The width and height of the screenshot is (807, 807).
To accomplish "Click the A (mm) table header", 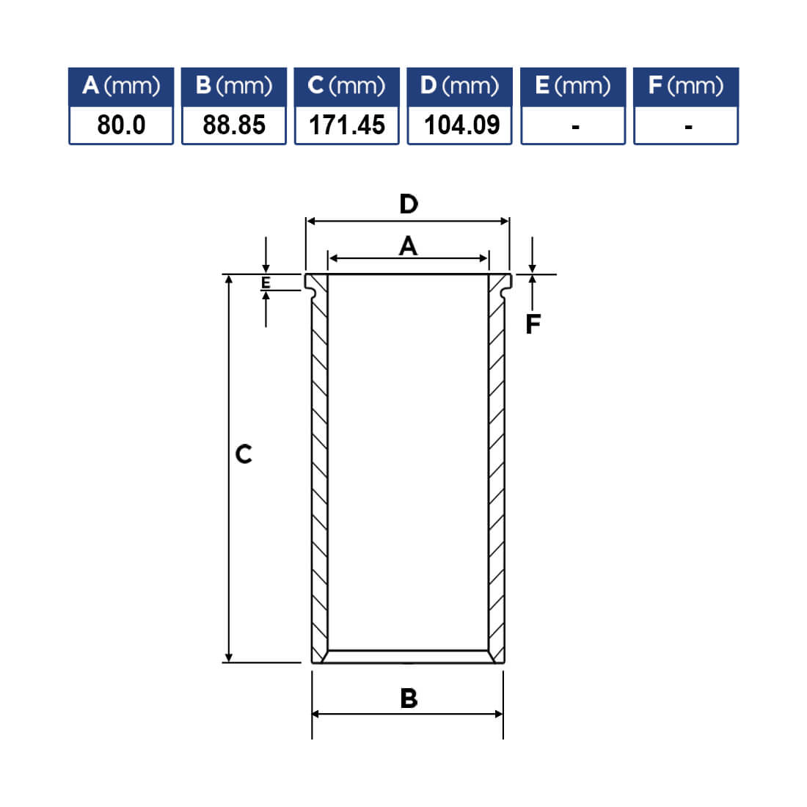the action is pyautogui.click(x=121, y=87).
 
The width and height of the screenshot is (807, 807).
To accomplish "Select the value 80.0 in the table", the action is pyautogui.click(x=121, y=125).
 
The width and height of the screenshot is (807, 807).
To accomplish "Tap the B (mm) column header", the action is pyautogui.click(x=233, y=87).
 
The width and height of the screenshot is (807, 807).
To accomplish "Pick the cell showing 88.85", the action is pyautogui.click(x=233, y=125).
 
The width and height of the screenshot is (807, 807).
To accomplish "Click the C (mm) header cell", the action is pyautogui.click(x=346, y=87).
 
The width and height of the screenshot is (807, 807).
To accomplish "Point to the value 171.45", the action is pyautogui.click(x=346, y=125).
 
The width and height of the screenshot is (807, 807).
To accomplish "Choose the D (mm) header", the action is pyautogui.click(x=459, y=87).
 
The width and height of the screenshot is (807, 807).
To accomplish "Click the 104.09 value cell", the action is pyautogui.click(x=459, y=125).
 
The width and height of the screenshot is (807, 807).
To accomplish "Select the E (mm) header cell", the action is pyautogui.click(x=573, y=87).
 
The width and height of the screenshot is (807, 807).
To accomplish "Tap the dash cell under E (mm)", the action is pyautogui.click(x=573, y=125).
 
